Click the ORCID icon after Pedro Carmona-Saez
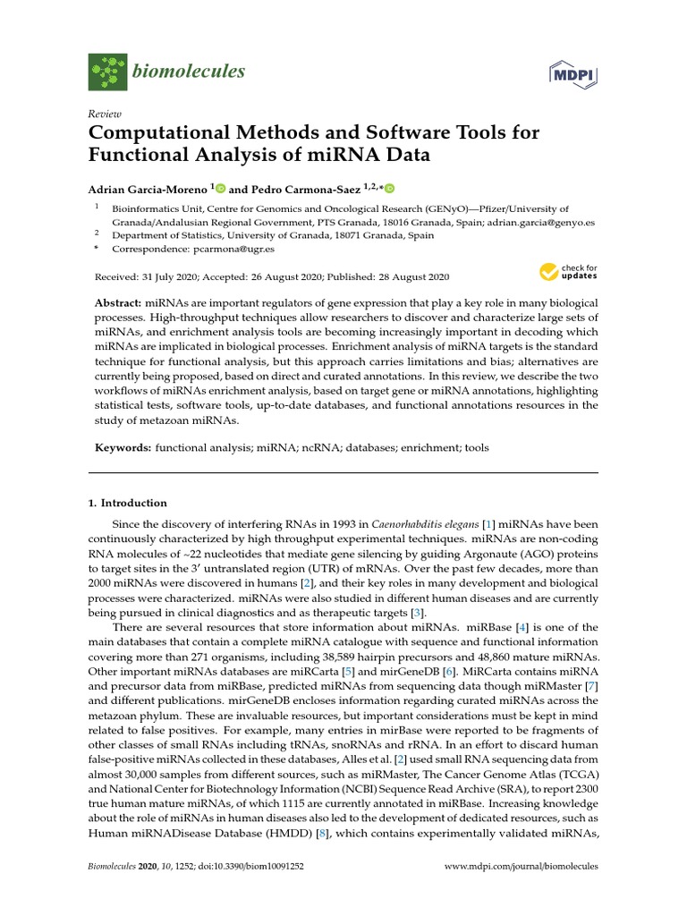pyautogui.click(x=390, y=189)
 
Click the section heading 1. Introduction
pyautogui.click(x=127, y=503)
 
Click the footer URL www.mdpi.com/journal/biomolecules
pyautogui.click(x=522, y=867)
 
